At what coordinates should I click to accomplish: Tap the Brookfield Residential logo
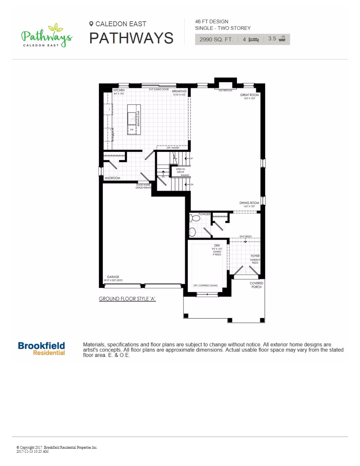[42, 348]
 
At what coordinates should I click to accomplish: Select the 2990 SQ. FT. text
[216, 39]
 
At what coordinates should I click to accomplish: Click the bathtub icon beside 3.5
[282, 39]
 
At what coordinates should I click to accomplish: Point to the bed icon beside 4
[254, 39]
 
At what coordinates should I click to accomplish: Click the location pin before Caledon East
[91, 24]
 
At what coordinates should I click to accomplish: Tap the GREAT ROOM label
[249, 95]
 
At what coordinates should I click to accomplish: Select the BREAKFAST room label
[179, 91]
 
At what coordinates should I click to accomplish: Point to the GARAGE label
[113, 277]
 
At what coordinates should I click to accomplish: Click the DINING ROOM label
[249, 203]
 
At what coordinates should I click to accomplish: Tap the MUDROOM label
[112, 178]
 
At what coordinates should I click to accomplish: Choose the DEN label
[217, 246]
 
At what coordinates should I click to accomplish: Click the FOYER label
[255, 256]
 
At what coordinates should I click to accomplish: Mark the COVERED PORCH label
[256, 285]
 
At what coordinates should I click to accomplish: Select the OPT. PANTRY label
[173, 147]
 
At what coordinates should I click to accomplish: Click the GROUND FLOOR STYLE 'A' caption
[127, 299]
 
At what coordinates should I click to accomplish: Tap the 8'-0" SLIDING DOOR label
[159, 89]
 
